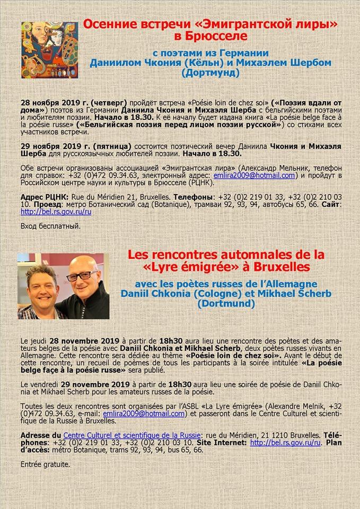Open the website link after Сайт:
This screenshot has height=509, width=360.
click(56, 212)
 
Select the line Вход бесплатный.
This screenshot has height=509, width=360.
click(50, 226)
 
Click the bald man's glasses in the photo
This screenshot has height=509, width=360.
click(83, 276)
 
